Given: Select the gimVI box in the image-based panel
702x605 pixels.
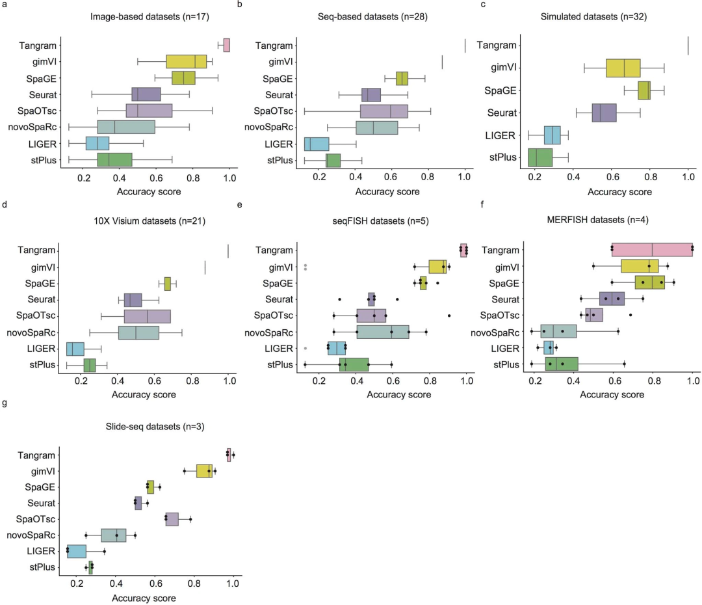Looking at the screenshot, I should (x=186, y=61).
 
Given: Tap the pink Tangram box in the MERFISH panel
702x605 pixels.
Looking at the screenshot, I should (x=652, y=250).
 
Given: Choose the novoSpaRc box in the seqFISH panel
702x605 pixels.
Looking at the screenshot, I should (x=383, y=332).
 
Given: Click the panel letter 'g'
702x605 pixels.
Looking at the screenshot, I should (x=5, y=403).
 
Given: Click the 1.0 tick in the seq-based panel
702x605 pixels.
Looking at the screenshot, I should (x=465, y=178).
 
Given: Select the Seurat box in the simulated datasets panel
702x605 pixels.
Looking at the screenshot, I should (x=604, y=113).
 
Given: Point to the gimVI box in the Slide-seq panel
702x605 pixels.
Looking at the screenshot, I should (x=204, y=470).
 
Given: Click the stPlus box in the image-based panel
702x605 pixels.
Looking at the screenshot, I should (x=114, y=160).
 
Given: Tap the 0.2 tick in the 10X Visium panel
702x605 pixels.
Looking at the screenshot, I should (x=81, y=383).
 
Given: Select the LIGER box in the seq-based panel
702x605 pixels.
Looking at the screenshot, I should (x=317, y=144).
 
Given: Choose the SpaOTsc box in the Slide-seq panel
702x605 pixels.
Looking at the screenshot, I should (x=172, y=519).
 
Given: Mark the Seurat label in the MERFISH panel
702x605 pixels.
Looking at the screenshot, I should (x=506, y=299).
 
